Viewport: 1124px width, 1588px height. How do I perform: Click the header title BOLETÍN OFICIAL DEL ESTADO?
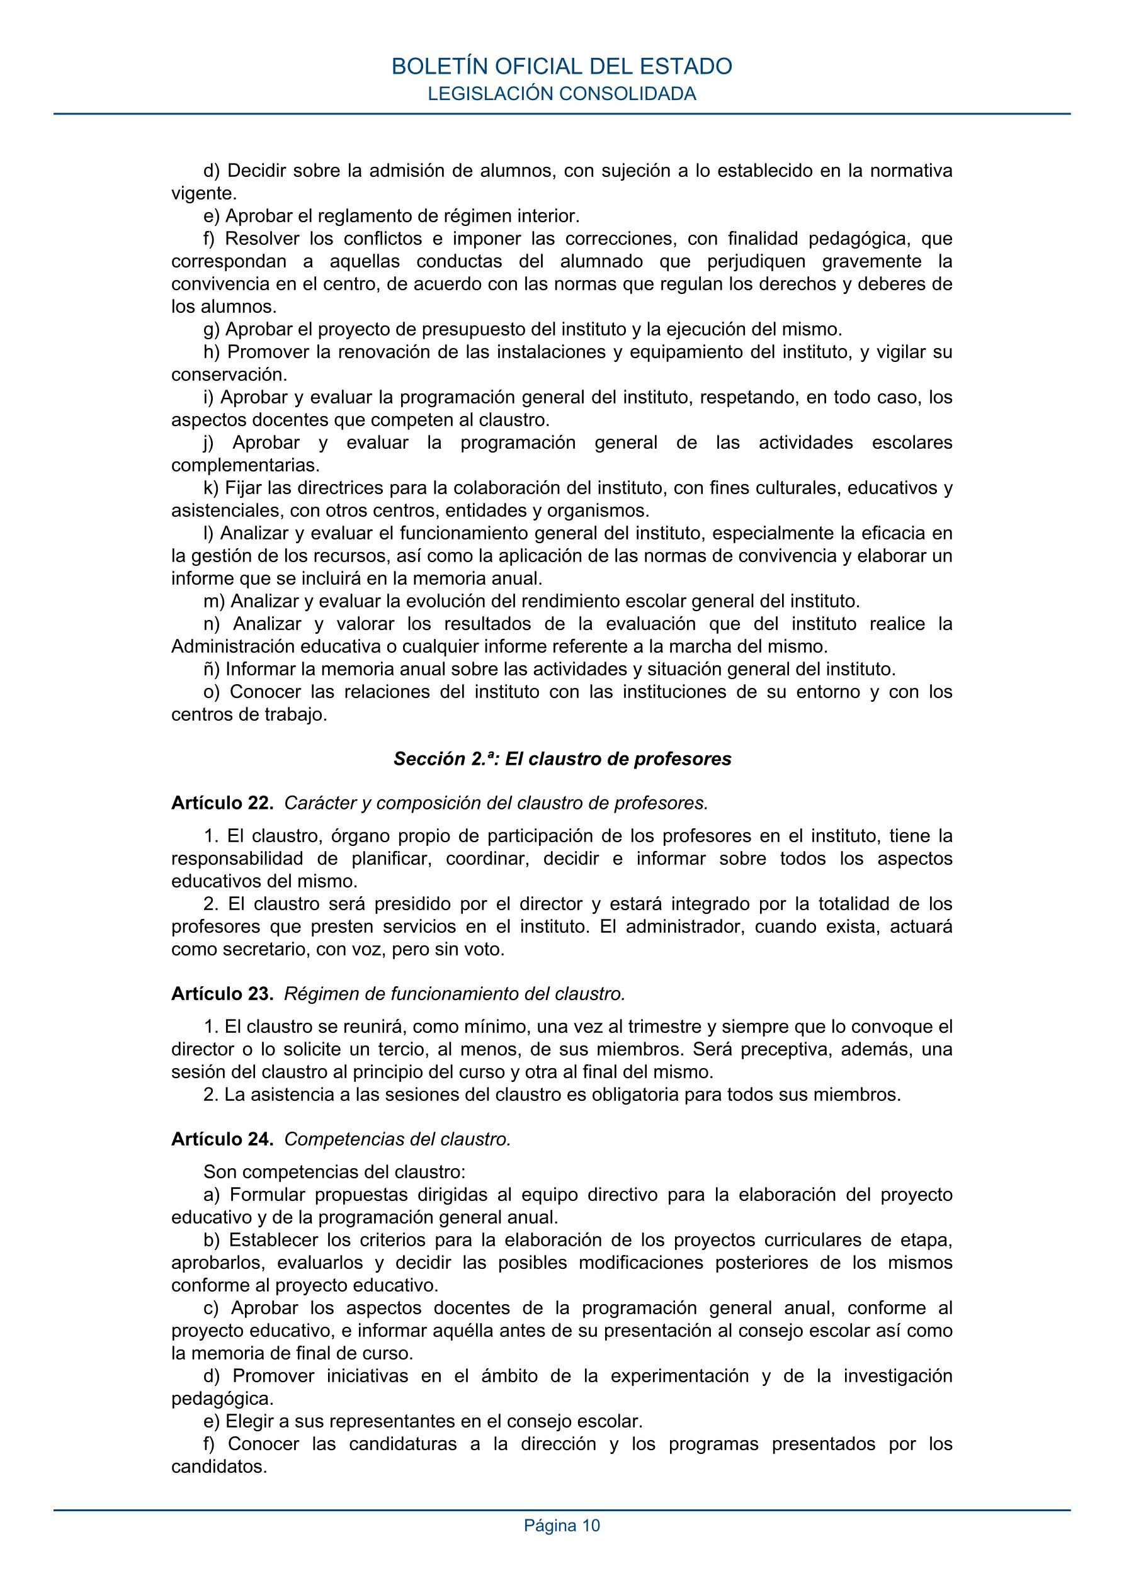pos(561,66)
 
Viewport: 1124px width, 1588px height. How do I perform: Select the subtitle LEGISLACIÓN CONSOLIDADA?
pos(561,94)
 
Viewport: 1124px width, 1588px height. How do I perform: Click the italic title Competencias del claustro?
pos(397,1139)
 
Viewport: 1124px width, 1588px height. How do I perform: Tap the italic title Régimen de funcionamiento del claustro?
pos(455,994)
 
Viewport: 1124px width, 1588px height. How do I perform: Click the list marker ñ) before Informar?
pos(212,670)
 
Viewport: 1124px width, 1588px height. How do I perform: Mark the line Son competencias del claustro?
pos(334,1173)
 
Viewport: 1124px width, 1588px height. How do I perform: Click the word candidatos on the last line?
pos(219,1485)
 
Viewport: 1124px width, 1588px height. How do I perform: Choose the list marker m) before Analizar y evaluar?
pos(215,601)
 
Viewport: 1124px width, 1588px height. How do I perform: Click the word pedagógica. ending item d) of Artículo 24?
pos(222,1399)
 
